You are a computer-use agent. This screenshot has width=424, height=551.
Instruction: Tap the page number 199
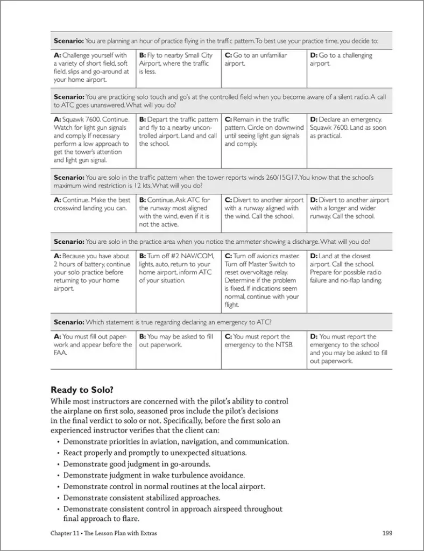pos(387,533)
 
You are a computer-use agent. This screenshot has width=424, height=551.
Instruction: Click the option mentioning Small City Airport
pos(177,63)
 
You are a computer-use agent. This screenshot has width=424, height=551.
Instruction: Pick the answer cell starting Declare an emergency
pos(349,128)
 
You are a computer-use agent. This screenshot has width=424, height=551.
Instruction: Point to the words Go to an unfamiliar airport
pos(256,59)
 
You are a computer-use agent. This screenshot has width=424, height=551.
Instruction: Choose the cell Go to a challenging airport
pos(341,59)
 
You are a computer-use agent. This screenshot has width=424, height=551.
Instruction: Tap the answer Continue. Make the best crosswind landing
pos(92,204)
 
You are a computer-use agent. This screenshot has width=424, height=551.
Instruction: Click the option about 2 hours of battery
pos(92,272)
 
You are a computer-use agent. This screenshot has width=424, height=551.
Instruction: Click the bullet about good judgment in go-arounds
pos(137,464)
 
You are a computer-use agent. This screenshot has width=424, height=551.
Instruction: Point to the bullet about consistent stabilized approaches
pos(142,498)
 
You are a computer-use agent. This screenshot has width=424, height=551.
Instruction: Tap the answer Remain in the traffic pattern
pos(263,131)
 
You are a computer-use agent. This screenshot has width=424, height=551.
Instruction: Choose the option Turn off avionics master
pos(263,280)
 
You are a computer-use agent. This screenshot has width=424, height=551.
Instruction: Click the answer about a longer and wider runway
pos(349,208)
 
